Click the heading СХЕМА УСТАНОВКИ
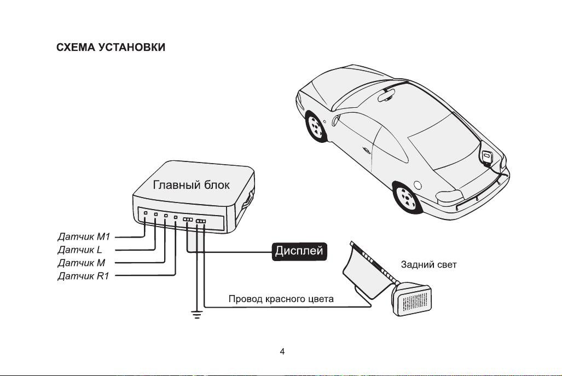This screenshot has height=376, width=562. click(111, 47)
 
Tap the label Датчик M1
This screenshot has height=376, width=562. click(84, 236)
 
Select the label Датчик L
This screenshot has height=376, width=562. click(79, 250)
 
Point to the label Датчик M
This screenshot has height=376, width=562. click(82, 263)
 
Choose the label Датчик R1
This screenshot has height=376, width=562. click(83, 276)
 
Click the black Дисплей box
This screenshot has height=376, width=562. click(299, 251)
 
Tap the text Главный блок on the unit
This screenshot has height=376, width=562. click(191, 184)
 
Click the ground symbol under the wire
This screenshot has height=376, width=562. click(197, 314)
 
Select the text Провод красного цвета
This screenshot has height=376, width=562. click(281, 299)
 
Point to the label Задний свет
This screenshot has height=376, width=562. click(428, 264)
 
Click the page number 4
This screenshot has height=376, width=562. click(282, 351)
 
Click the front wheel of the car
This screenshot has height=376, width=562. click(315, 126)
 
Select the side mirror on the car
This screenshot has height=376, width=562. click(336, 119)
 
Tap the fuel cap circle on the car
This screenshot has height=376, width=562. click(418, 185)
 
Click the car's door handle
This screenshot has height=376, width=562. click(366, 150)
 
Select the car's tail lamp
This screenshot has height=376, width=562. click(448, 196)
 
